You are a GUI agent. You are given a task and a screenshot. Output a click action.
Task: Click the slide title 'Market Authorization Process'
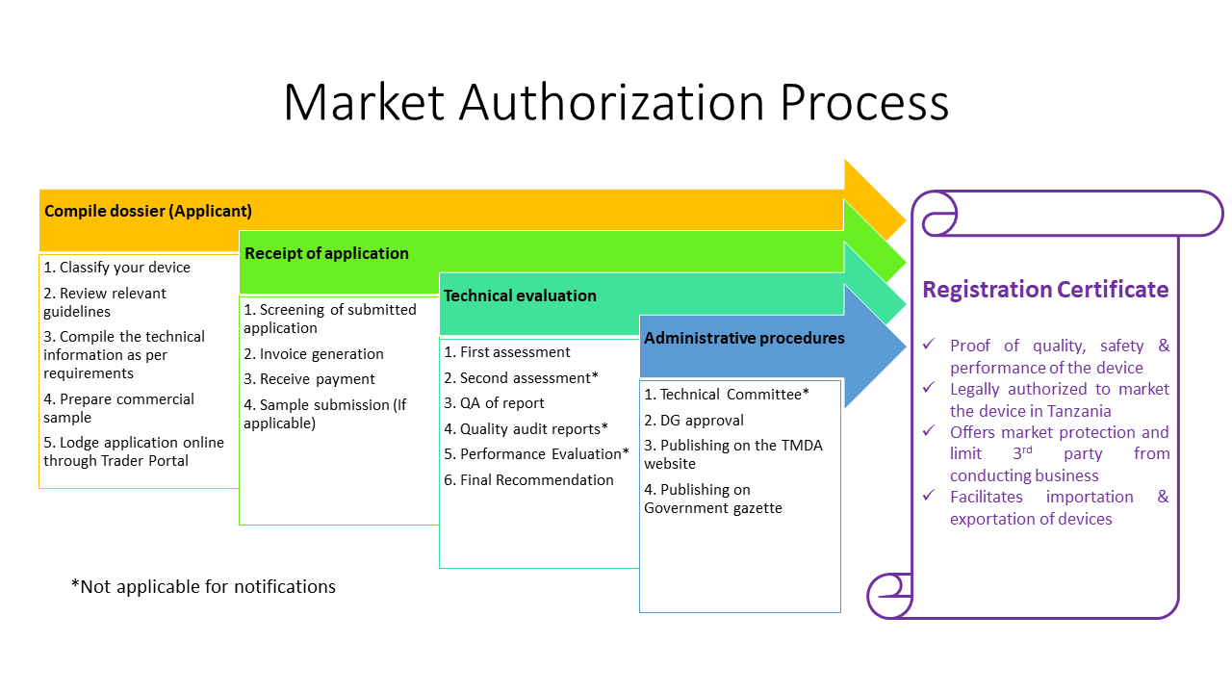pos(616,102)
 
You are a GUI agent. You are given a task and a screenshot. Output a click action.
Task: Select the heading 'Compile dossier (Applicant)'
pos(148,211)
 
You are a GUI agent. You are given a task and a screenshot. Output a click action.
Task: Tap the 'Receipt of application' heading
pos(326,253)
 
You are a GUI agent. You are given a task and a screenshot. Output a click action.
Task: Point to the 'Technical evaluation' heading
pos(520,295)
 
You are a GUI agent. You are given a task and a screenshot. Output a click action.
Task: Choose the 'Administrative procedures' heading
pos(744,338)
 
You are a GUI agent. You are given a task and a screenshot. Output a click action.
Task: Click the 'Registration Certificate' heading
pos(1045,290)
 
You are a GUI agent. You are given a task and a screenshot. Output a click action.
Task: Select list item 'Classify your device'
pos(116,268)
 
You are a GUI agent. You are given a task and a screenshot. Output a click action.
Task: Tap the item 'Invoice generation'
pos(314,353)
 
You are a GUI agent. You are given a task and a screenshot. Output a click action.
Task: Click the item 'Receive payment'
pos(309,379)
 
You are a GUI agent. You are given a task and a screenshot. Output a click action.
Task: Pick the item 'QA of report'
pos(494,403)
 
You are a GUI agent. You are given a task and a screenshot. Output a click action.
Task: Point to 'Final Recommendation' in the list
pos(528,480)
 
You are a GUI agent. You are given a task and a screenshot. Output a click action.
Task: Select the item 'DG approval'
pos(694,421)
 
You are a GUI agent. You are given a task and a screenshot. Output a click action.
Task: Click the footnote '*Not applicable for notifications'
pos(203,587)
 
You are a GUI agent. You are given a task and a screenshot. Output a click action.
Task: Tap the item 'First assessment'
pos(507,352)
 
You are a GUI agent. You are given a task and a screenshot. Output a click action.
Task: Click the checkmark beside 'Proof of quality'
pos(929,345)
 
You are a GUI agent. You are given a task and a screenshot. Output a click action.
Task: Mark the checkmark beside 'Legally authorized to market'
pos(929,388)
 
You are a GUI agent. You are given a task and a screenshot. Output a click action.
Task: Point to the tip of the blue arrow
pos(906,346)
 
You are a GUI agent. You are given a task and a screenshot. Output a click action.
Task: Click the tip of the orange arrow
pos(906,220)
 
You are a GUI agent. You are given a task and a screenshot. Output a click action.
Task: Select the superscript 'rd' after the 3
pos(1026,449)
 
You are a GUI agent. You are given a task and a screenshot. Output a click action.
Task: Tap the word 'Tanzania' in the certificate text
pos(1079,411)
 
